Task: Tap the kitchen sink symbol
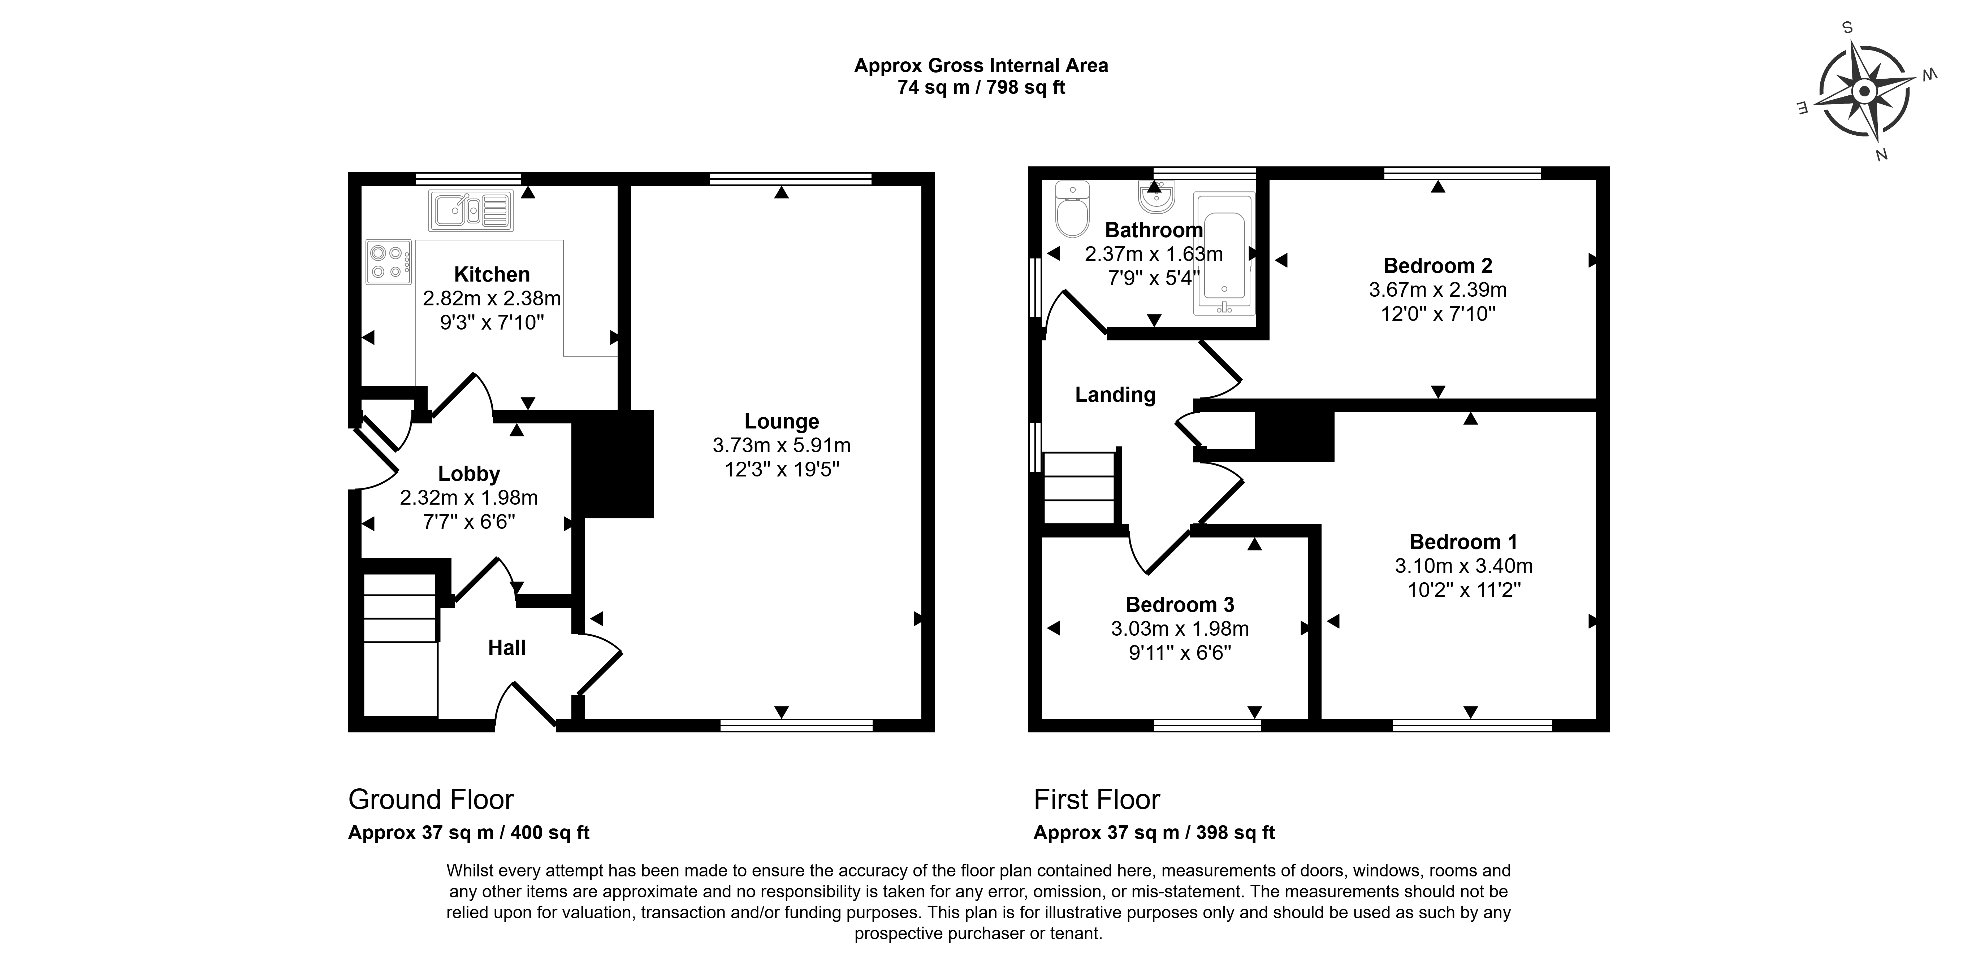(x=471, y=210)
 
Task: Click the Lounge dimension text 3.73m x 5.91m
(x=782, y=445)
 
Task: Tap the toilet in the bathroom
(x=1072, y=209)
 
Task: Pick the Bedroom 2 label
(x=1438, y=266)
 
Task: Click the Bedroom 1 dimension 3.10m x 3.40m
(x=1464, y=566)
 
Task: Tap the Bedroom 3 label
(x=1180, y=605)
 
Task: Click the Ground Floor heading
(x=431, y=800)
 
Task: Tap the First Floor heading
(x=1097, y=800)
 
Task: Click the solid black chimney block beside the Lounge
(x=613, y=465)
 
